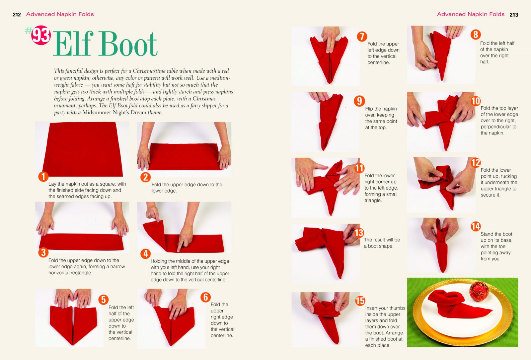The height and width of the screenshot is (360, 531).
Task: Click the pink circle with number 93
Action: (41, 35)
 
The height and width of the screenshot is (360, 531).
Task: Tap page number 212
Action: (17, 15)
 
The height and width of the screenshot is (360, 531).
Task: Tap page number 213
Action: (514, 15)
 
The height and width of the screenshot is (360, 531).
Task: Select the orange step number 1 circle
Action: (43, 177)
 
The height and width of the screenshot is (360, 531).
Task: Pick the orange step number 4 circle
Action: (146, 254)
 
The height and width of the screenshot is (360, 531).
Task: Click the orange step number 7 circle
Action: (362, 37)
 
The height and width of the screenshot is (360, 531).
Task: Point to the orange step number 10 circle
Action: (476, 101)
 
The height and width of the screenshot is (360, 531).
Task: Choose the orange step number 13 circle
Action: (359, 233)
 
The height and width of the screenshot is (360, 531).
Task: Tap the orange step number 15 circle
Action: (360, 301)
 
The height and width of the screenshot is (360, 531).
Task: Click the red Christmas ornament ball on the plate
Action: (479, 291)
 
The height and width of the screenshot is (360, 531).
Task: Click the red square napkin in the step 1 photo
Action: (83, 149)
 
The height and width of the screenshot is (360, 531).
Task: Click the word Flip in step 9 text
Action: (369, 109)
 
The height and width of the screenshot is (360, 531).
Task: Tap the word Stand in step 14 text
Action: (487, 234)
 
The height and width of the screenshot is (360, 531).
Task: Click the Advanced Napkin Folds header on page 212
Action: (60, 14)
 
